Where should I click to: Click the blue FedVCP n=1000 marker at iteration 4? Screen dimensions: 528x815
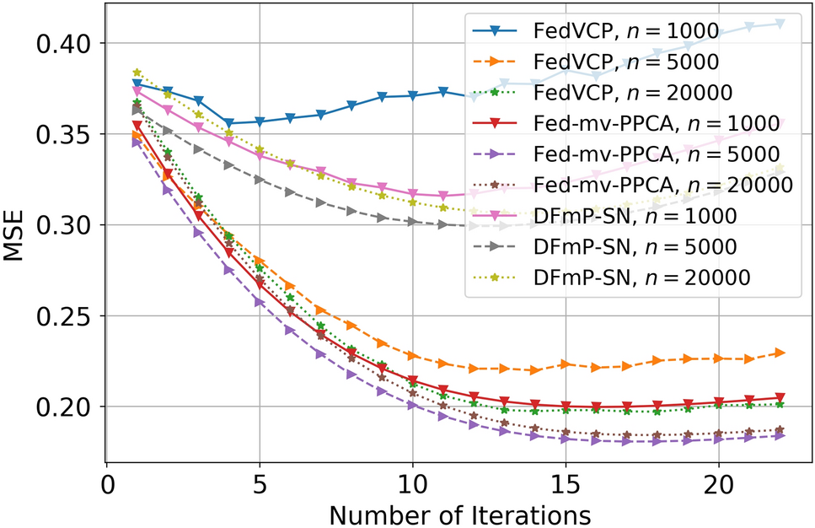pos(229,123)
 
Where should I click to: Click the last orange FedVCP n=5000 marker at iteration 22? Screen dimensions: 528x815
pos(780,353)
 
